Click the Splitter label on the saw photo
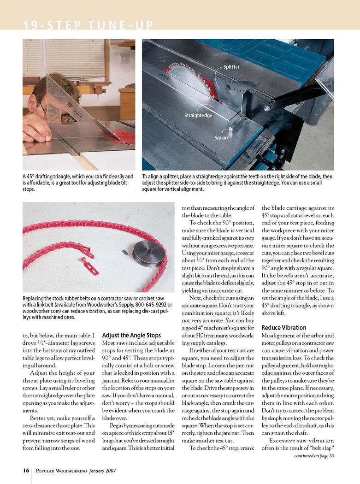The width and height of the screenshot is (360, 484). click(231, 67)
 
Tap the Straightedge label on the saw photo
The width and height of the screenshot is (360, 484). click(198, 115)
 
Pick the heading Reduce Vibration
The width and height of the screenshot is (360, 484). click(284, 328)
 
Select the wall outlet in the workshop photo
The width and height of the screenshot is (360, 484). click(125, 58)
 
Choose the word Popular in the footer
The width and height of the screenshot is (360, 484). click(45, 471)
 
